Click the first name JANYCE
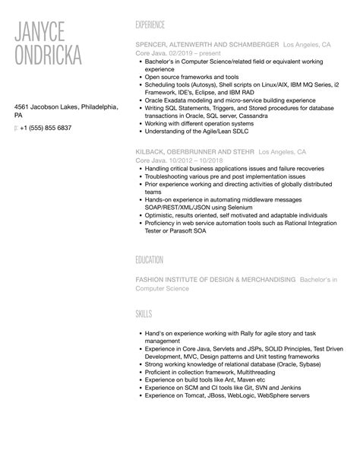coord(48,33)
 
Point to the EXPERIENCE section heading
coord(150,24)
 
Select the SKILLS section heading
coord(144,312)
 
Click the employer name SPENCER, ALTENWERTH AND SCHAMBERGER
coord(206,45)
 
